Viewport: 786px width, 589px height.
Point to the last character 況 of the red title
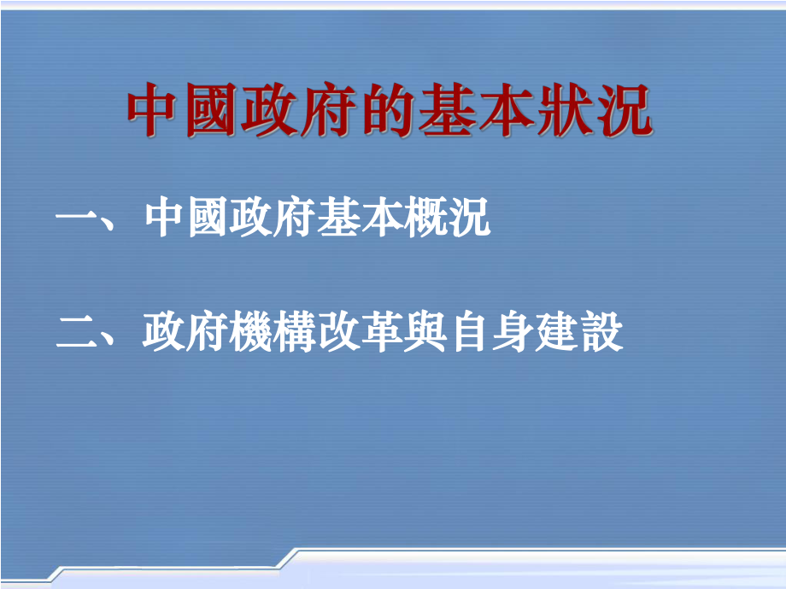tap(626, 112)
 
